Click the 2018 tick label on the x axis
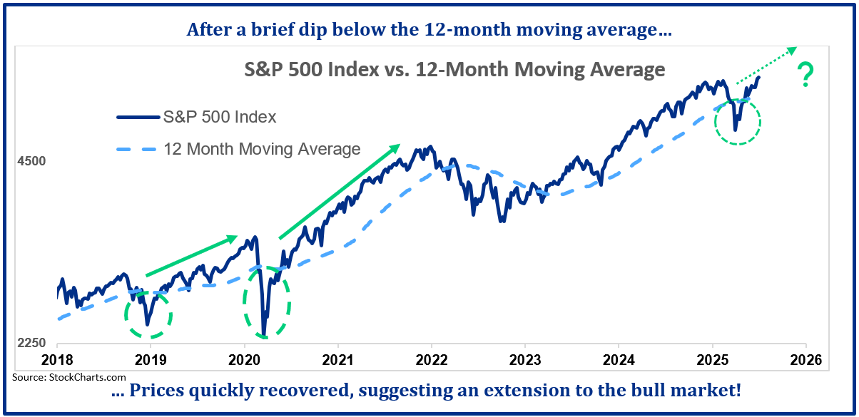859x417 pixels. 56,359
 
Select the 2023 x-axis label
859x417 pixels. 525,359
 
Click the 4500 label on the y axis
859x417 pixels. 31,161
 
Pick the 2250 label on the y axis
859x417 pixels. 31,343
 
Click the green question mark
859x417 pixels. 806,75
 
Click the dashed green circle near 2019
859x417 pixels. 148,314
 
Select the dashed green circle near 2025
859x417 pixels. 738,121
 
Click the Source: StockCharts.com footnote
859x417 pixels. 69,377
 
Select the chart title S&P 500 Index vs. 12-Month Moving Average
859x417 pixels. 451,70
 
